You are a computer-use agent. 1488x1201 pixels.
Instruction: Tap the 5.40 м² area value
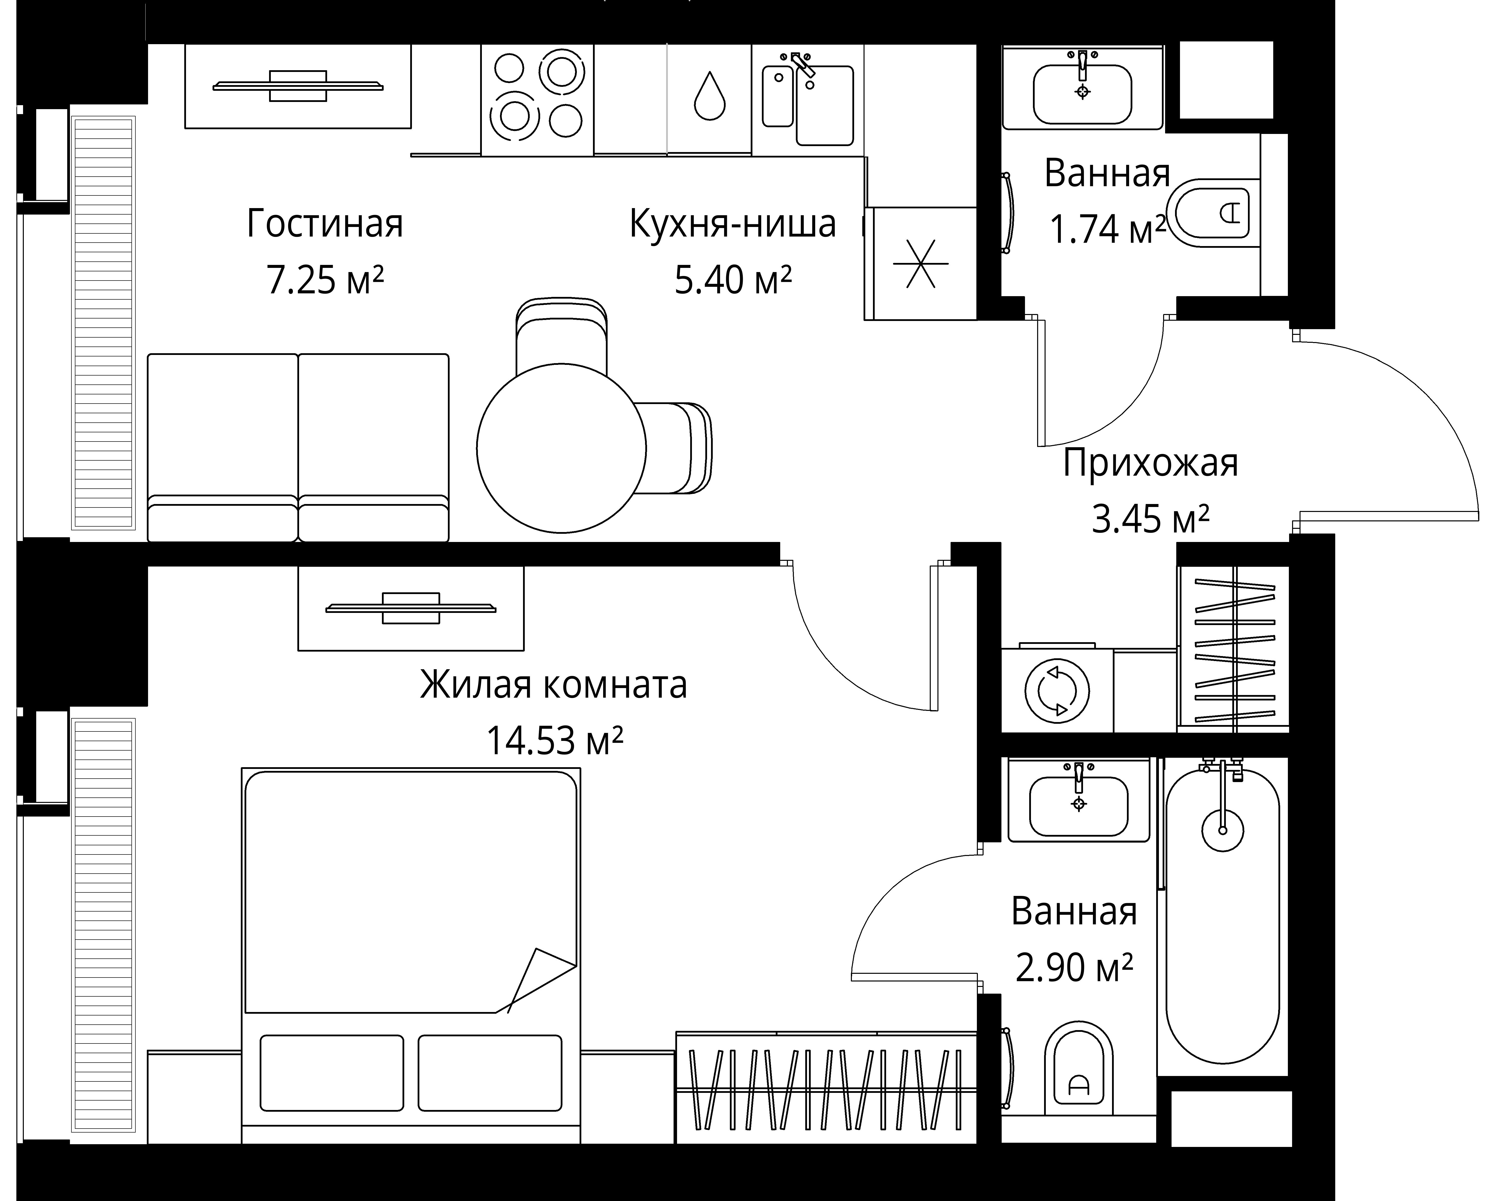tap(733, 280)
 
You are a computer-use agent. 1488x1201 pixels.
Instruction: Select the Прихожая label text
tap(1150, 463)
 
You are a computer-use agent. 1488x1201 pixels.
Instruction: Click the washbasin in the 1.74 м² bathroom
tap(1082, 94)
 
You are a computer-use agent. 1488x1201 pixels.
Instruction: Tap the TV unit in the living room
tap(297, 87)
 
